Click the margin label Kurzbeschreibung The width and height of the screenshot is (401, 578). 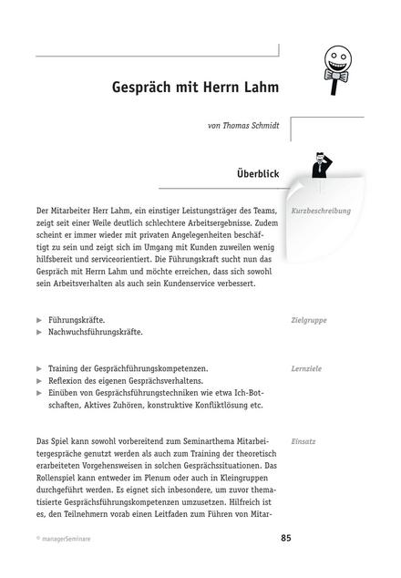click(321, 211)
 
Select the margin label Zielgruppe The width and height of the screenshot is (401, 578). click(309, 320)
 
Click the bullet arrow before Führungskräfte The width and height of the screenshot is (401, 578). click(39, 321)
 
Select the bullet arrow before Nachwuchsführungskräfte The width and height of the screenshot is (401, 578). click(39, 334)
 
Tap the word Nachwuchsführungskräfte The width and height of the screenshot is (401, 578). click(96, 334)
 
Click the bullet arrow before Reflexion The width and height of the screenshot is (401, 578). click(39, 379)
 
